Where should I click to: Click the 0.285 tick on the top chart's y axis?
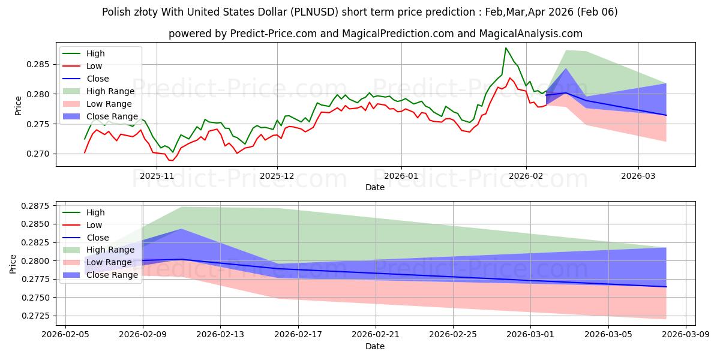pyautogui.click(x=42, y=64)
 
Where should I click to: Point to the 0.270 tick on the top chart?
pyautogui.click(x=42, y=154)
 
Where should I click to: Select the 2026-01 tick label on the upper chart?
pyautogui.click(x=401, y=176)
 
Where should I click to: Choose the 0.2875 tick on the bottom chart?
pyautogui.click(x=40, y=206)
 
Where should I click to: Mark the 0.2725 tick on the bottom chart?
pyautogui.click(x=40, y=316)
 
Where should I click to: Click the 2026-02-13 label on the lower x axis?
pyautogui.click(x=220, y=334)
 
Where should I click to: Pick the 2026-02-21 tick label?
pyautogui.click(x=376, y=334)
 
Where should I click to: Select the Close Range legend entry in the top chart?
pyautogui.click(x=112, y=116)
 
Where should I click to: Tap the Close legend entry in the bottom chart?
pyautogui.click(x=97, y=237)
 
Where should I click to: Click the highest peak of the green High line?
pyautogui.click(x=506, y=48)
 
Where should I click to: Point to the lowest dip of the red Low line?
pyautogui.click(x=171, y=161)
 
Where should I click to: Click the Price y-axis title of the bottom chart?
pyautogui.click(x=13, y=263)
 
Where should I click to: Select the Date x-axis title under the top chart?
pyautogui.click(x=375, y=188)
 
